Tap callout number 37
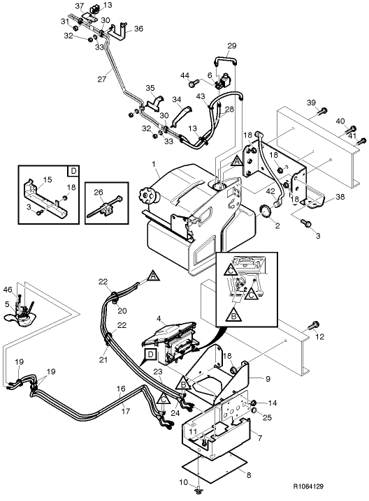(80, 6)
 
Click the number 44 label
(185, 75)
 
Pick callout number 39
(312, 103)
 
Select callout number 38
(340, 197)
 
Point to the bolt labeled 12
(313, 324)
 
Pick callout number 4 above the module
(159, 319)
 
